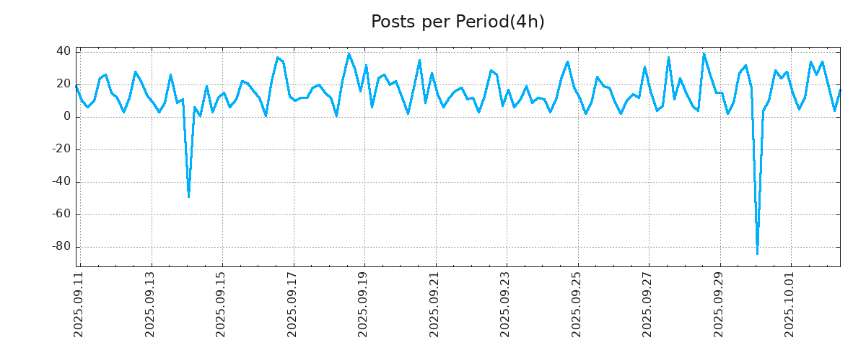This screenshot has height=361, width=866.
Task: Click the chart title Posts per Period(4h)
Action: [x=458, y=22]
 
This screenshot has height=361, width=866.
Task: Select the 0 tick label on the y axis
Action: [x=66, y=116]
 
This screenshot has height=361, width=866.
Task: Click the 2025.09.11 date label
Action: [x=79, y=304]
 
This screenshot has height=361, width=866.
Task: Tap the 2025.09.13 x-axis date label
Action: [x=151, y=304]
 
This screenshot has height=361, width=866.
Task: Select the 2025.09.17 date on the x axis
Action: [x=292, y=304]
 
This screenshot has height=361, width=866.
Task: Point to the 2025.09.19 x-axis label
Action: [x=364, y=304]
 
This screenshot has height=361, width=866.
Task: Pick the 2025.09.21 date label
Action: [x=434, y=304]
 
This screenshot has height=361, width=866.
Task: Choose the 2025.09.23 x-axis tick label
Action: [x=505, y=304]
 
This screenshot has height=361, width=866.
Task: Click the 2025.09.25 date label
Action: [x=577, y=304]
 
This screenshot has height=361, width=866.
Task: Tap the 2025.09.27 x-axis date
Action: [x=647, y=304]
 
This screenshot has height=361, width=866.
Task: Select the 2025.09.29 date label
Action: [x=718, y=304]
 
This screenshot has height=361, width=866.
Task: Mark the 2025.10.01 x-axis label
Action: [x=790, y=304]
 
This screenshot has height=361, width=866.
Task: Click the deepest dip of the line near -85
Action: [x=757, y=253]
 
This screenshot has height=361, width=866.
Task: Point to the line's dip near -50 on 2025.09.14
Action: [x=188, y=196]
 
